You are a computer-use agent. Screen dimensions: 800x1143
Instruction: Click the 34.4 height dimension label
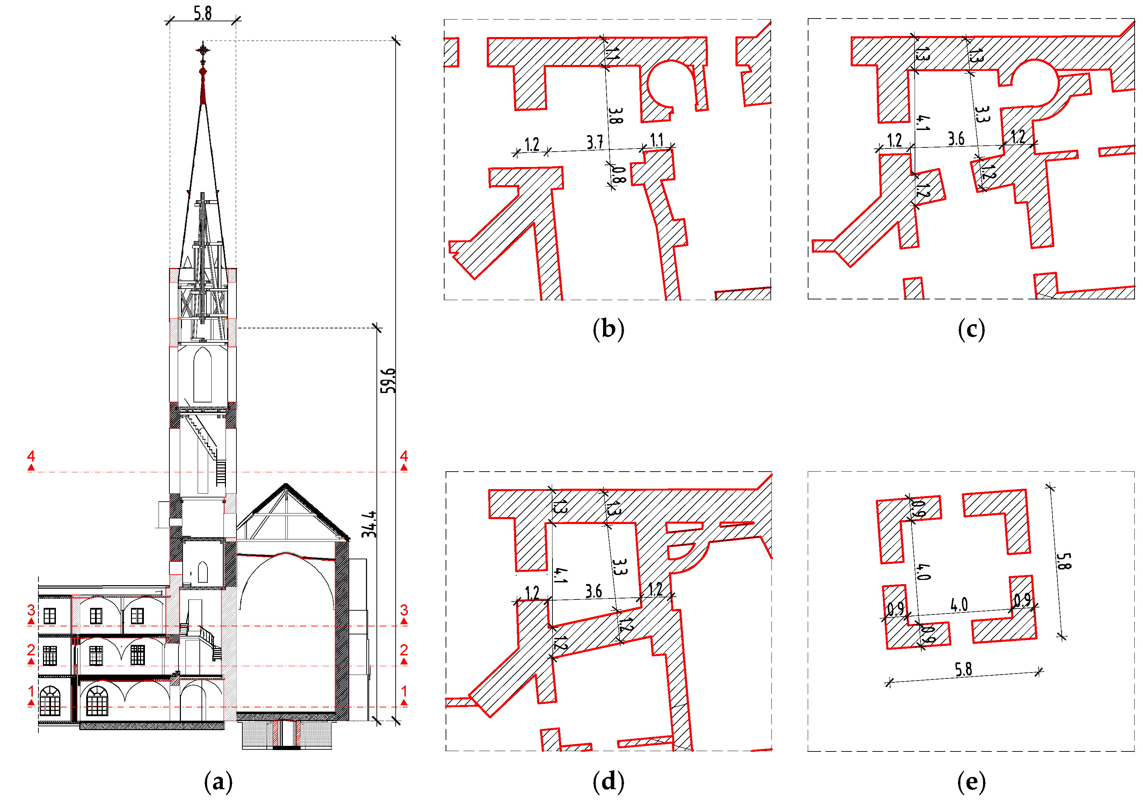369,524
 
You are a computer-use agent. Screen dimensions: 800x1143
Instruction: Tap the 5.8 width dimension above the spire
203,13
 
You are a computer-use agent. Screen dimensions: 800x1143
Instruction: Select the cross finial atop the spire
203,50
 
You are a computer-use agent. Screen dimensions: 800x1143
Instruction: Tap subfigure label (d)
608,781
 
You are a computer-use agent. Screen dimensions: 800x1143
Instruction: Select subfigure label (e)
971,781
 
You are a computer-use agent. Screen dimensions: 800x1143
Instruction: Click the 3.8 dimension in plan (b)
615,116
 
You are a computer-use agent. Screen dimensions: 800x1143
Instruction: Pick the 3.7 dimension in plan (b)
594,142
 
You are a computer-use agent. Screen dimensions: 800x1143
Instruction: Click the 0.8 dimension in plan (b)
618,174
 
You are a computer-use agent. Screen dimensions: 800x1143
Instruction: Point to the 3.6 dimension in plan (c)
955,138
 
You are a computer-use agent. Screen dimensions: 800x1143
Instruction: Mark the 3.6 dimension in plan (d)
593,591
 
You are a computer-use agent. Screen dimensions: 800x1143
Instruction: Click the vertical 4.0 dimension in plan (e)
922,572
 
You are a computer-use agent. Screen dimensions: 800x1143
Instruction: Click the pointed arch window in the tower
202,374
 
